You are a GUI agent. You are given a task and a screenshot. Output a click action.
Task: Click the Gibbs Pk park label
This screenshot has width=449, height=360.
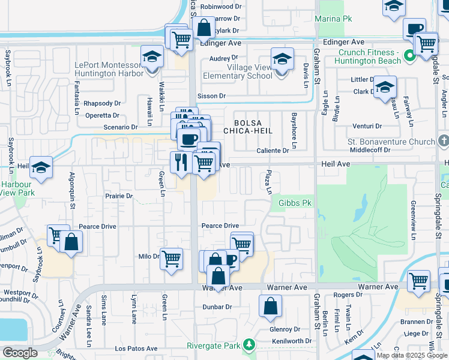296,203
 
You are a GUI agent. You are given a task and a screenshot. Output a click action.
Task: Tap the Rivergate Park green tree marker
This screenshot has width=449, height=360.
247,346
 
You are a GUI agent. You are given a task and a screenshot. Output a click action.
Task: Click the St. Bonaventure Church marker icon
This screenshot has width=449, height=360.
444,142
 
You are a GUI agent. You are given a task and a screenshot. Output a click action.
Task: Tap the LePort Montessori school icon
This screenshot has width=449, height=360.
152,57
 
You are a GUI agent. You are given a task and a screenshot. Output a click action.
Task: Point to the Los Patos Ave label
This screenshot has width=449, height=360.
136,349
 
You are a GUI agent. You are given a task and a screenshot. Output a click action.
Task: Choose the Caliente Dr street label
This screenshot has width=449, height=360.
273,151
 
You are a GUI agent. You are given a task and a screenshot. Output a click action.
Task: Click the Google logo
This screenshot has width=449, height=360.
20,353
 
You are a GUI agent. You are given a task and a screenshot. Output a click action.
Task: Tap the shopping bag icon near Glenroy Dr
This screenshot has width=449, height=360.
270,305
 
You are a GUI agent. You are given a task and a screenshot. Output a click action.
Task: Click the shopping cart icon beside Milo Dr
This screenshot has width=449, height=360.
172,259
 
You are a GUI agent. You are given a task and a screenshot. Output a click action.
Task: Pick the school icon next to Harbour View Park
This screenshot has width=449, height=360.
41,169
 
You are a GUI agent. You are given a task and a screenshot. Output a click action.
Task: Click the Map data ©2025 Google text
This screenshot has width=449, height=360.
411,355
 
